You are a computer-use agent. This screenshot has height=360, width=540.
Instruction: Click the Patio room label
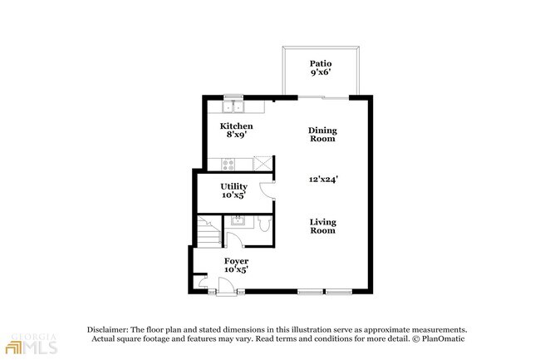click(321, 63)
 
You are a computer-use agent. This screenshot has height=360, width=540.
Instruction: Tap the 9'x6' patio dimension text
click(321, 72)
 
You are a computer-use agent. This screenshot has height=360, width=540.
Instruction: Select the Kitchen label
click(236, 126)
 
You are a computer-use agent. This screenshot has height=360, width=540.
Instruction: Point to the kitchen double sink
click(233, 106)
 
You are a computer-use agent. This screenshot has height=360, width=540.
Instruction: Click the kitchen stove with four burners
click(228, 164)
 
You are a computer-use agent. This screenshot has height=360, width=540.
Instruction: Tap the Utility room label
click(233, 186)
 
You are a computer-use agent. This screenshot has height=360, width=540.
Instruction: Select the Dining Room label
click(322, 135)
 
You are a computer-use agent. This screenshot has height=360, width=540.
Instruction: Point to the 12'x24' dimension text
click(323, 179)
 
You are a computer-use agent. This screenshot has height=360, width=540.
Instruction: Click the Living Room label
click(322, 226)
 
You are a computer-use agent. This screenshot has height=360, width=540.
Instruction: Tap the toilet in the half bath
click(265, 224)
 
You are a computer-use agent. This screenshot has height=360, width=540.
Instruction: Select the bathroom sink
click(238, 220)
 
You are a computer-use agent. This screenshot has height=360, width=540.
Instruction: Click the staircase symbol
click(209, 231)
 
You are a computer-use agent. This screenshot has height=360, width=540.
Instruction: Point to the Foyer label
click(236, 261)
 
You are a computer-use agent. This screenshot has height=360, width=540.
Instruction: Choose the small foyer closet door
click(203, 283)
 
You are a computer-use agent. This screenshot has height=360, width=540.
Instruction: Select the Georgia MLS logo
click(32, 343)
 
